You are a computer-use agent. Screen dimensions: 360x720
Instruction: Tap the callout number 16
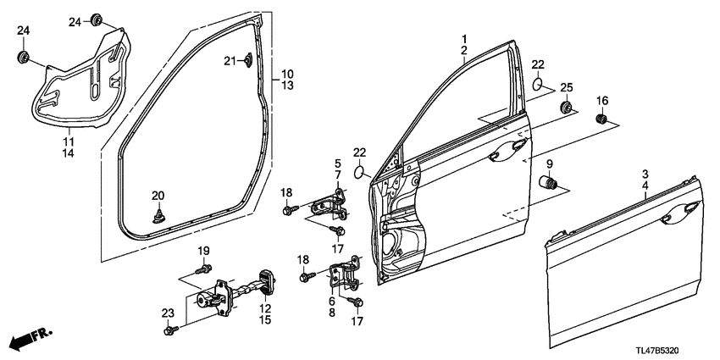coord(602,102)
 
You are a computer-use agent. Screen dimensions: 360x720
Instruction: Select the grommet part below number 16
coord(602,119)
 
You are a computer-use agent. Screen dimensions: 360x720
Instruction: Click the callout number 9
coord(550,163)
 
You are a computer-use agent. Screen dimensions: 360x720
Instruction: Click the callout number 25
coord(567,88)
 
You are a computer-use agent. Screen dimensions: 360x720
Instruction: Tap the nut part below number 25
coord(566,108)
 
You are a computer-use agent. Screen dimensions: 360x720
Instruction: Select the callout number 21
coord(229,59)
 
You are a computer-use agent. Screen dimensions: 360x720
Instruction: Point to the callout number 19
coord(203,251)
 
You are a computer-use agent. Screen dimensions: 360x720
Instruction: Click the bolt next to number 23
coord(174,329)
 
